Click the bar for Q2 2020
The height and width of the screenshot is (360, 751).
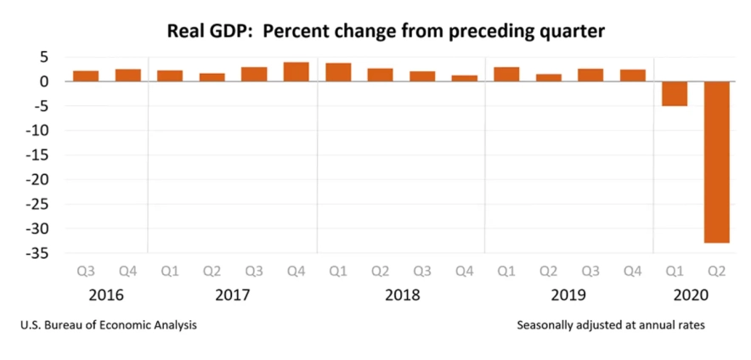(x=716, y=161)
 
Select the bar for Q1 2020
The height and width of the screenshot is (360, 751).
(x=674, y=93)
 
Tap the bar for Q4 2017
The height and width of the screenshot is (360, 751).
(x=296, y=72)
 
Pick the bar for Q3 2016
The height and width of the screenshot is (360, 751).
(x=86, y=76)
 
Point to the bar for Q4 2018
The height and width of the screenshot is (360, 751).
(x=464, y=78)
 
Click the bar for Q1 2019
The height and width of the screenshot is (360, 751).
(x=506, y=74)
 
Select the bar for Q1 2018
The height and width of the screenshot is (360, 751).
(x=338, y=72)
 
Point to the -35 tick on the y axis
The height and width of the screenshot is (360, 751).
(x=37, y=254)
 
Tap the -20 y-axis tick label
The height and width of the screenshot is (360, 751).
(x=37, y=180)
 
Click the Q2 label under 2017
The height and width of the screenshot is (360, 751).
(x=212, y=272)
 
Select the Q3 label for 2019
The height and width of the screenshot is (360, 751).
(x=590, y=272)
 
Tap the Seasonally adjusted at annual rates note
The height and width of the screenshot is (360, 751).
(x=610, y=324)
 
